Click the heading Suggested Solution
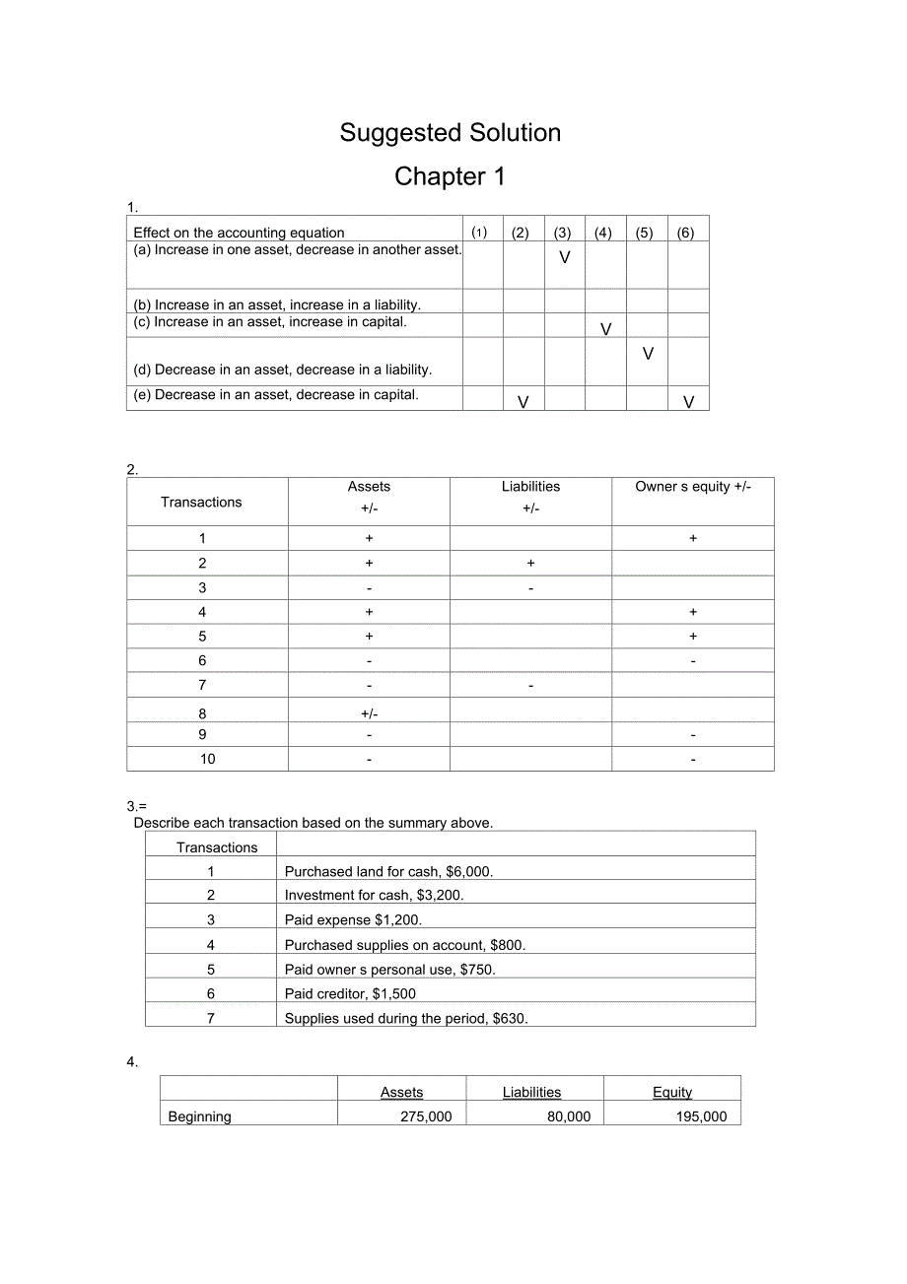pyautogui.click(x=451, y=133)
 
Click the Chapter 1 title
pyautogui.click(x=450, y=176)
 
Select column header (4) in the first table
pyautogui.click(x=603, y=234)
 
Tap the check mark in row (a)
pyautogui.click(x=565, y=258)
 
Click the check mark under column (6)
pyautogui.click(x=689, y=402)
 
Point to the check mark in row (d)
pyautogui.click(x=648, y=354)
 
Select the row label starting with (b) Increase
pyautogui.click(x=277, y=305)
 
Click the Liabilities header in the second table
pyautogui.click(x=530, y=487)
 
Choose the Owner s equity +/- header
pyautogui.click(x=693, y=487)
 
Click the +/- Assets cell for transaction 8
pyautogui.click(x=369, y=713)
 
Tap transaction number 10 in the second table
pyautogui.click(x=208, y=759)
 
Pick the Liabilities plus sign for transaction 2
pyautogui.click(x=530, y=564)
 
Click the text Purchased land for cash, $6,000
pyautogui.click(x=388, y=871)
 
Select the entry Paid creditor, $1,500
pyautogui.click(x=350, y=994)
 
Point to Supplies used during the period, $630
pyautogui.click(x=406, y=1019)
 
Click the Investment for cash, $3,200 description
pyautogui.click(x=374, y=896)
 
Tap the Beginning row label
pyautogui.click(x=200, y=1116)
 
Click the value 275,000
pyautogui.click(x=426, y=1116)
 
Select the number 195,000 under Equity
pyautogui.click(x=702, y=1116)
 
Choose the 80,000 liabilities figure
pyautogui.click(x=569, y=1116)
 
